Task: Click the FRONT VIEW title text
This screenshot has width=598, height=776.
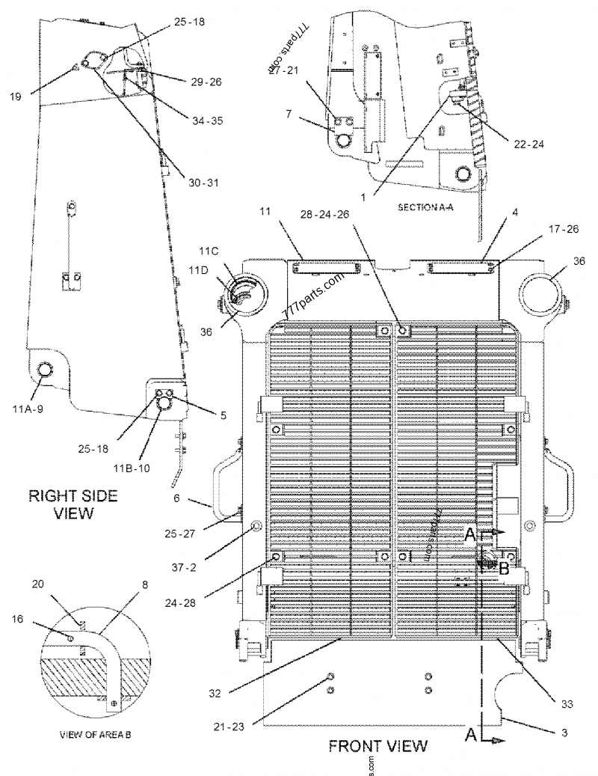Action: pyautogui.click(x=377, y=745)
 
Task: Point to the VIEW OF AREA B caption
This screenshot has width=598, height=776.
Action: pyautogui.click(x=95, y=735)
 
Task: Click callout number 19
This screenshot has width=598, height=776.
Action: pyautogui.click(x=16, y=96)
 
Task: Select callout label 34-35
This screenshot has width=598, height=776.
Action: pyautogui.click(x=206, y=120)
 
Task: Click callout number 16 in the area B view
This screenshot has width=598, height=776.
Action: pyautogui.click(x=16, y=620)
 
